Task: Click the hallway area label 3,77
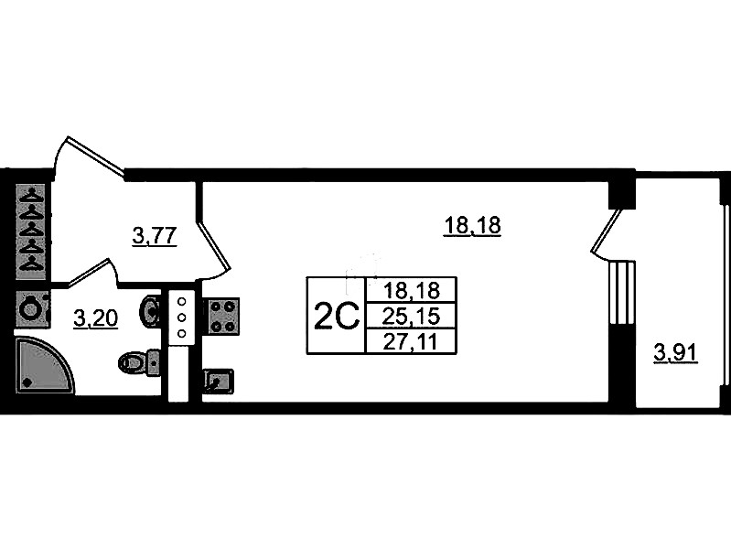pyautogui.click(x=154, y=237)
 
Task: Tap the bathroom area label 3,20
pyautogui.click(x=94, y=318)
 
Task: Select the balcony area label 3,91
pyautogui.click(x=675, y=351)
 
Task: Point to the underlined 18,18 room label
pyautogui.click(x=472, y=225)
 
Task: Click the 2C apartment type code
pyautogui.click(x=335, y=317)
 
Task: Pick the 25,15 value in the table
pyautogui.click(x=411, y=317)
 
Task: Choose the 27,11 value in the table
pyautogui.click(x=411, y=341)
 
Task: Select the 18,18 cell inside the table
pyautogui.click(x=411, y=291)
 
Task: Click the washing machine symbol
pyautogui.click(x=33, y=308)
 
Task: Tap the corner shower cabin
pyautogui.click(x=40, y=365)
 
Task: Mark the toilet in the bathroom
pyautogui.click(x=138, y=362)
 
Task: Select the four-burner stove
pyautogui.click(x=220, y=315)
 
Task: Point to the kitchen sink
pyautogui.click(x=218, y=379)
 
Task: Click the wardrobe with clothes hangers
pyautogui.click(x=34, y=229)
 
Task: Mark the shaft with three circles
pyautogui.click(x=180, y=318)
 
